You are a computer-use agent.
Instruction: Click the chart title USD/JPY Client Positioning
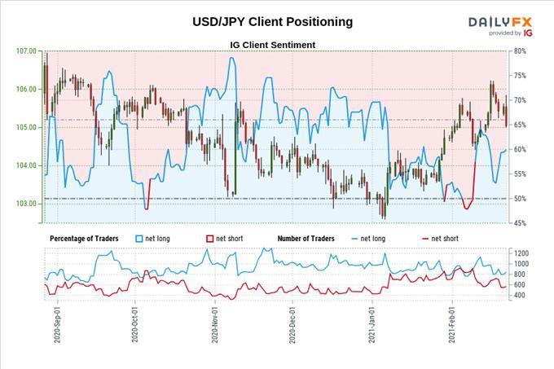coord(273,22)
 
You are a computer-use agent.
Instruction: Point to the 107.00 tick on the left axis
coord(26,51)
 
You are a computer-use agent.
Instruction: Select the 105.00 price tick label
coord(26,127)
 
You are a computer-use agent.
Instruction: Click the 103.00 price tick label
coord(26,204)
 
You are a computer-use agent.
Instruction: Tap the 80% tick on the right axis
coord(519,51)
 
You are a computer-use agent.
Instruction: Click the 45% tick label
coord(519,223)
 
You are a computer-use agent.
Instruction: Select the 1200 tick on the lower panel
coord(521,253)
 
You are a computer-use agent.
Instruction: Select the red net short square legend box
coord(209,238)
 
